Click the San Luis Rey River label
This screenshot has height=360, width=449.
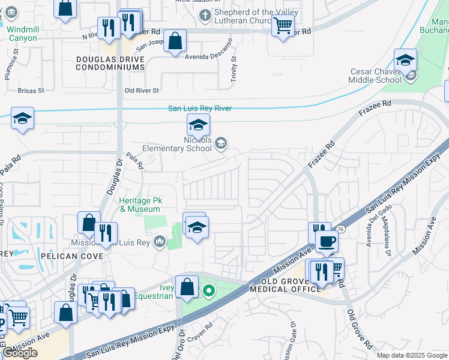(199, 109)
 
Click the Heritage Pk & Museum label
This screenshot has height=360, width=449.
(140, 205)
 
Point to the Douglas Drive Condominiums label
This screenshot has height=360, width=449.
(110, 63)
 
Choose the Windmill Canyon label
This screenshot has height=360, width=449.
(23, 34)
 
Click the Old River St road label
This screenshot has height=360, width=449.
(141, 91)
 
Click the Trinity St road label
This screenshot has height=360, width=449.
(234, 69)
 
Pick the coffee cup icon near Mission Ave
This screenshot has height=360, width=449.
(327, 241)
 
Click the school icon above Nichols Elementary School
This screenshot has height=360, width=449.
(198, 125)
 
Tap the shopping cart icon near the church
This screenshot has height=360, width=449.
(283, 25)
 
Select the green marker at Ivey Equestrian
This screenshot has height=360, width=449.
(209, 292)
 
